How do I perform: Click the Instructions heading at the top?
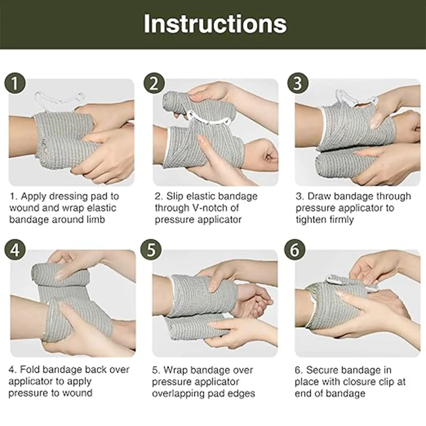pos(215,24)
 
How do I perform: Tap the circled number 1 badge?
pos(15,84)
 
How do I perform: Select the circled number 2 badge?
pos(154,83)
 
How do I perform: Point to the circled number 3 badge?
pos(297,83)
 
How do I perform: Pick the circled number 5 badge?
pos(151,250)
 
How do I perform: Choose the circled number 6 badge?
pos(295,250)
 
